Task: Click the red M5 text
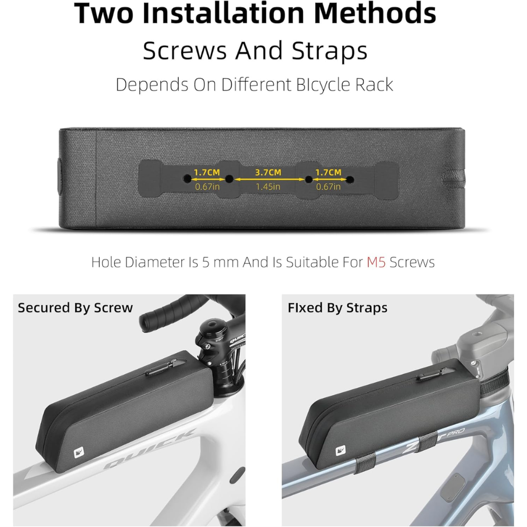point(376,262)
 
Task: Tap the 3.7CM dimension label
point(268,172)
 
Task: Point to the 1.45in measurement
point(268,187)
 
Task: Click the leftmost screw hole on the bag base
point(187,179)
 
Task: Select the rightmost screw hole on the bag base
point(350,180)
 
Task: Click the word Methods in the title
point(375,14)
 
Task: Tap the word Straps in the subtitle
point(329,51)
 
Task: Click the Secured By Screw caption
point(75,308)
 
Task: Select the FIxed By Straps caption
point(337,308)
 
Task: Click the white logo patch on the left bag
point(79,452)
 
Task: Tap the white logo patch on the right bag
point(340,451)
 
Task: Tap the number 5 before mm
point(206,262)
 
